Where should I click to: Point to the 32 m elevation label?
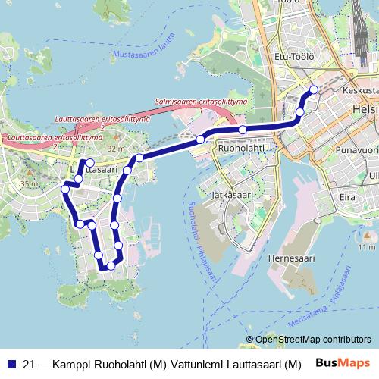click(x=116, y=149)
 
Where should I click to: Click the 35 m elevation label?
click(x=28, y=184)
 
